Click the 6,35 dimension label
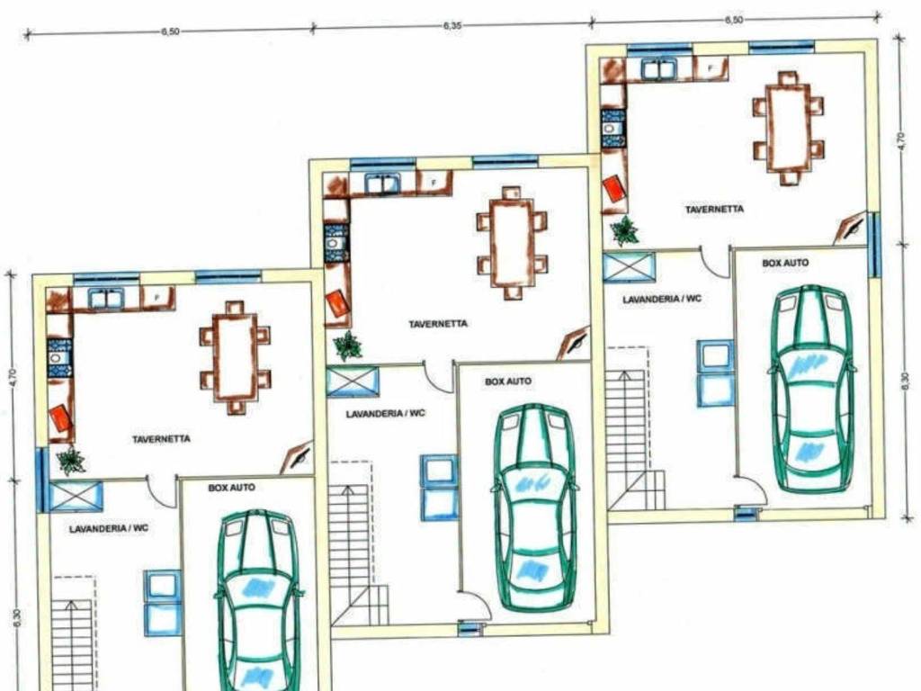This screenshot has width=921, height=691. (452, 26)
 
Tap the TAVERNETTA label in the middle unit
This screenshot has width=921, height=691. (438, 324)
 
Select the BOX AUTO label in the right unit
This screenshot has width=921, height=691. (785, 264)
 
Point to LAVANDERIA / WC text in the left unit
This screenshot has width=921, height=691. (109, 529)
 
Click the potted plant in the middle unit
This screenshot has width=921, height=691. (348, 345)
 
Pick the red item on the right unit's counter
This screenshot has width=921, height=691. (614, 188)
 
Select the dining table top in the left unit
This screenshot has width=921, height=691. (235, 357)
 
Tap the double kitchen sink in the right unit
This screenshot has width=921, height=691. (659, 68)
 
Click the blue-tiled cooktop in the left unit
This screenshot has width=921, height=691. (59, 357)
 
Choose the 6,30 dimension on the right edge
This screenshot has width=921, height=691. (905, 381)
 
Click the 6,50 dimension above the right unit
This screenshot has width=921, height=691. (734, 20)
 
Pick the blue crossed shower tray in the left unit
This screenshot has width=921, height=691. (76, 496)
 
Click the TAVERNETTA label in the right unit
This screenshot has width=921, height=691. (714, 209)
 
